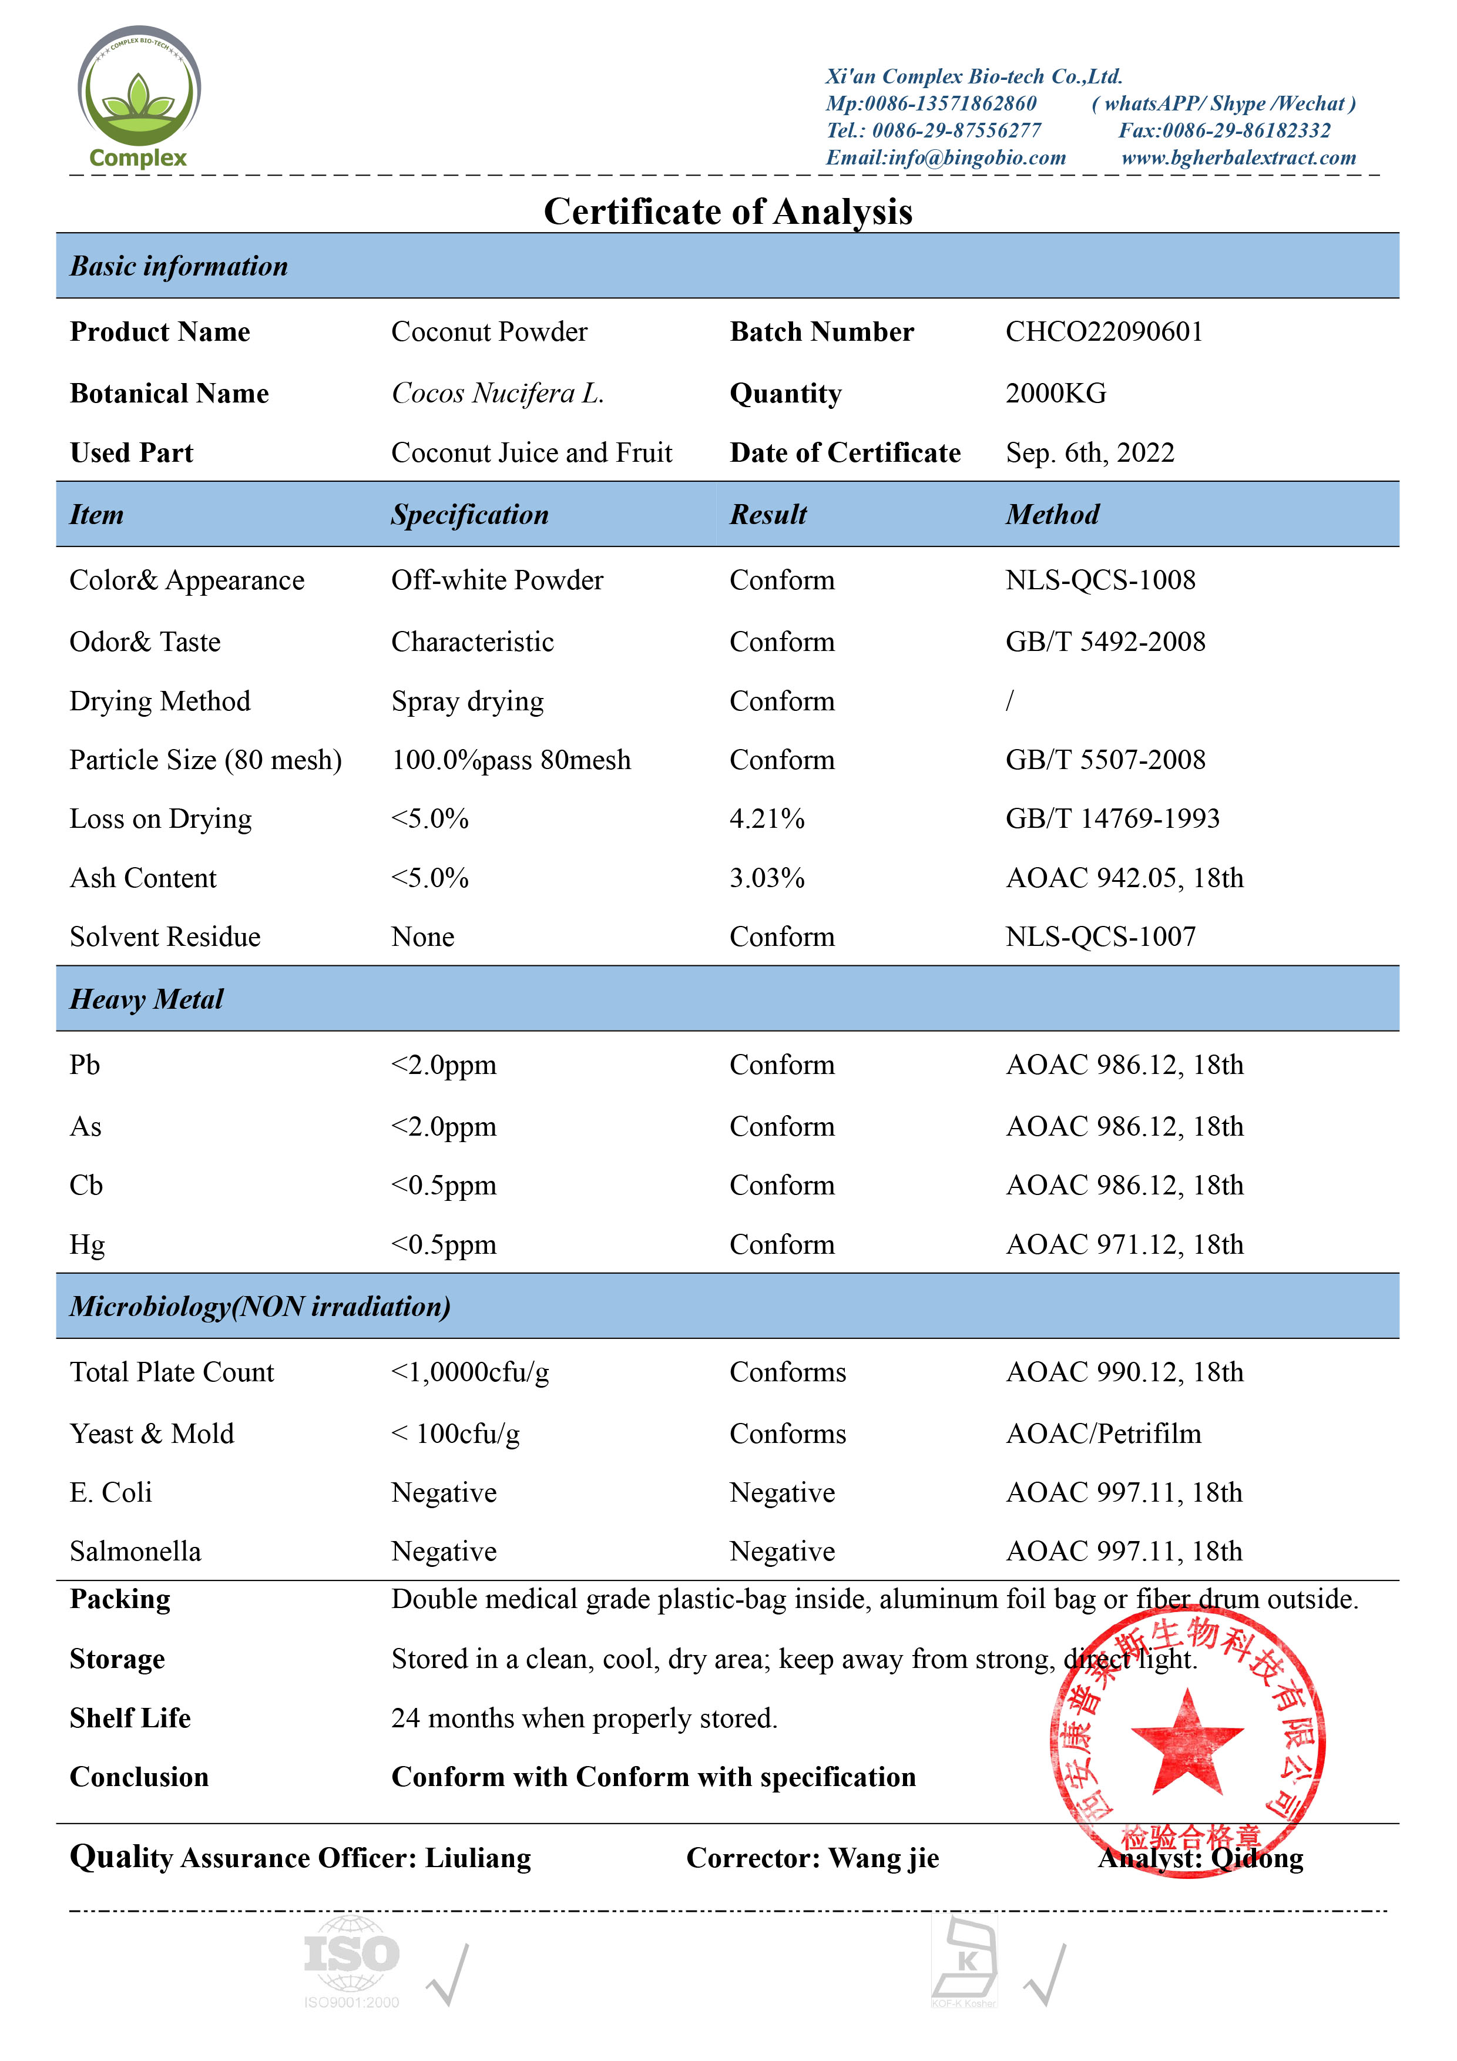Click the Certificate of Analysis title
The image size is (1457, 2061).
tap(728, 212)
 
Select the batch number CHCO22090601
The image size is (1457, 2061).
tap(1103, 332)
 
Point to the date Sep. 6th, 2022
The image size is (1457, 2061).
tap(1090, 452)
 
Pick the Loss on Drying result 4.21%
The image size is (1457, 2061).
tap(767, 818)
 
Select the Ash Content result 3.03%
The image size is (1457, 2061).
tap(767, 878)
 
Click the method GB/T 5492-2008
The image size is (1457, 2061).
tap(1105, 642)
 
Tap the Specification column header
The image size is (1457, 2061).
tap(469, 514)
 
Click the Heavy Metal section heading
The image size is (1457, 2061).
tap(146, 999)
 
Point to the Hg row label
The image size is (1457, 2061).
tap(87, 1245)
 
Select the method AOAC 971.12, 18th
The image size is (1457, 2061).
tap(1124, 1245)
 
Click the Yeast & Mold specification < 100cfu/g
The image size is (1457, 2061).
tap(455, 1434)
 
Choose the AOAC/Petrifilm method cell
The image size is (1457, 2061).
tap(1103, 1434)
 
